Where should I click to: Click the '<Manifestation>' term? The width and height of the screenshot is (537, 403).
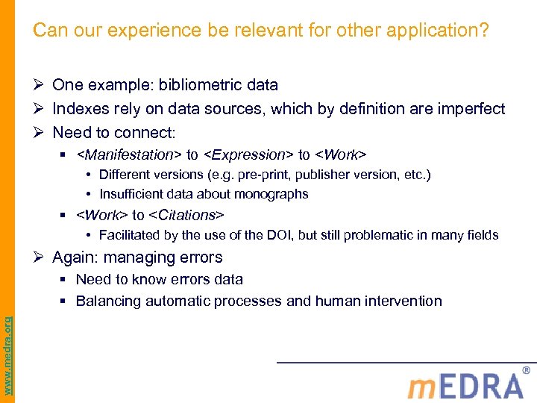128,154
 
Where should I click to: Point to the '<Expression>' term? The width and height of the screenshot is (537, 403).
248,154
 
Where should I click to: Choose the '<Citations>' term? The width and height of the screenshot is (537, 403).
186,215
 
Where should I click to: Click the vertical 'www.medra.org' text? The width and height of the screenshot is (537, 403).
7,344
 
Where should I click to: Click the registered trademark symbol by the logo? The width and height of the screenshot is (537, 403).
527,370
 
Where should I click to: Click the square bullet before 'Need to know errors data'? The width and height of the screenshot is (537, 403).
65,280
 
